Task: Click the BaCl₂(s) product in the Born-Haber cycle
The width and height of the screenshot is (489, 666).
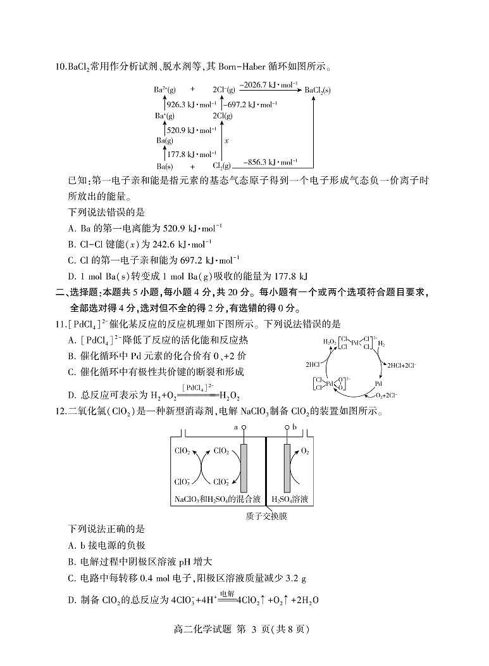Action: click(318, 91)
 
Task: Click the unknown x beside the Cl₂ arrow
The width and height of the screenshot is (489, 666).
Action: click(226, 141)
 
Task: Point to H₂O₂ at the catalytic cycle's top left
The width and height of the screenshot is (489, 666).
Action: click(330, 342)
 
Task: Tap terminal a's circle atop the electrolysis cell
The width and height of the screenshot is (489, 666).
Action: click(244, 428)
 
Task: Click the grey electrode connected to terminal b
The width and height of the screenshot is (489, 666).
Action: click(287, 466)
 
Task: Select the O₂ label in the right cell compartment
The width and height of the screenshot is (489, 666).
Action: click(305, 451)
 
